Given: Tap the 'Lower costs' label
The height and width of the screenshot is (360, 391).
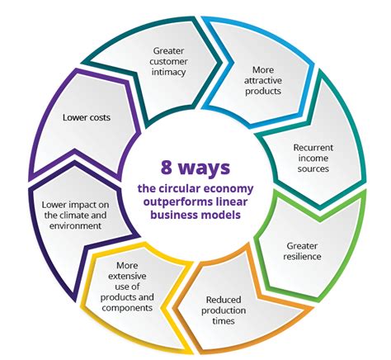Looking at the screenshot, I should click(x=87, y=117).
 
